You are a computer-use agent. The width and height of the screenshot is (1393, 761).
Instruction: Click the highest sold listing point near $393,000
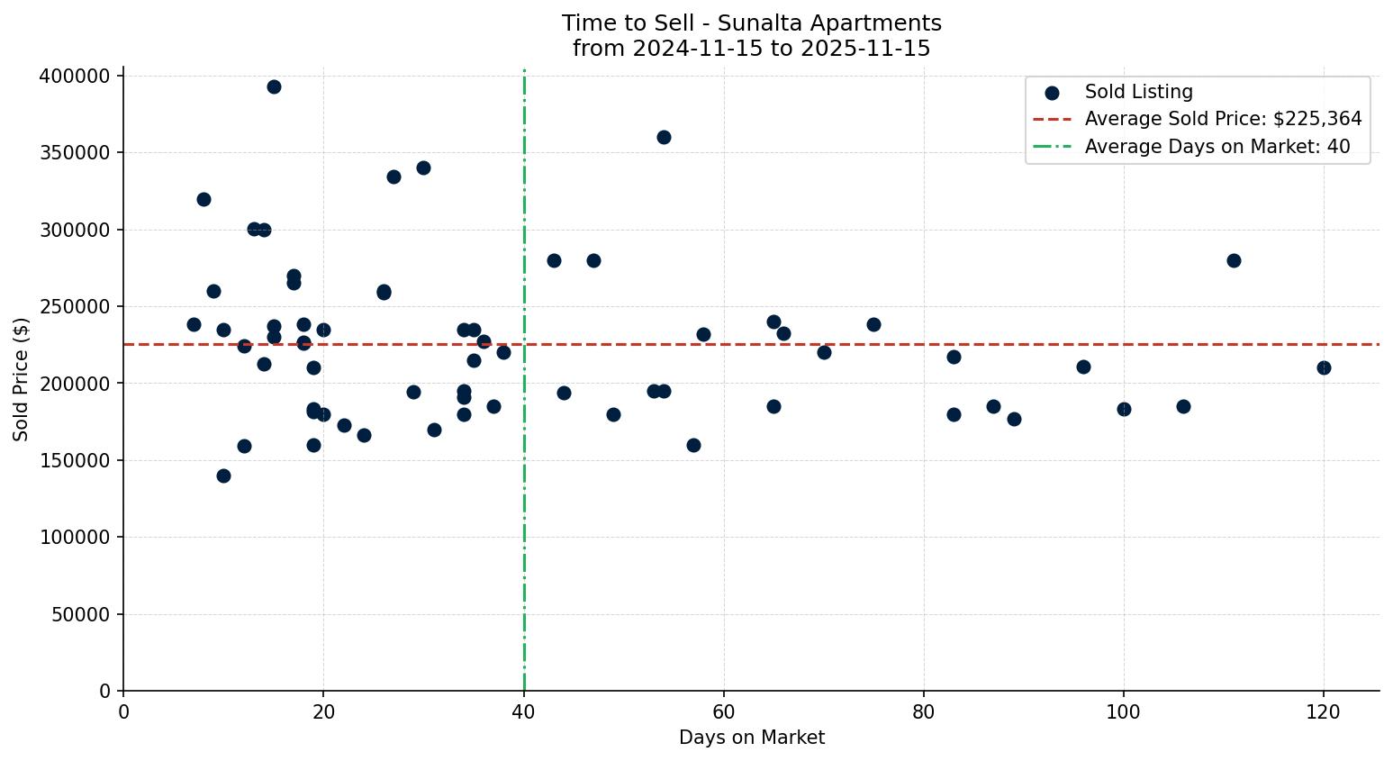click(274, 86)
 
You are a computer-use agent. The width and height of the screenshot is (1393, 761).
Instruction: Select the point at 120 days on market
click(1324, 367)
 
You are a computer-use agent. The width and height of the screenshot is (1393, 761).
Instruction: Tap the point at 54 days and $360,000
click(664, 137)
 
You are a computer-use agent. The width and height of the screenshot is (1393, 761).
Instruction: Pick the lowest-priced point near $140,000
click(223, 476)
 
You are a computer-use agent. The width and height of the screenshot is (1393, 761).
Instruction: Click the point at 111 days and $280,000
click(1234, 260)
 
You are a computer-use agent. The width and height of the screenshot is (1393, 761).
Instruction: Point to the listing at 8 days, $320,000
click(204, 199)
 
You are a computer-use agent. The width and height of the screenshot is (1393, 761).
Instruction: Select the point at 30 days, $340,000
click(423, 168)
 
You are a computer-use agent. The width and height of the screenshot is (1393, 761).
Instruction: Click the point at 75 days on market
click(873, 324)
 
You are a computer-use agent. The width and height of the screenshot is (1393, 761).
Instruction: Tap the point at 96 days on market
click(1083, 367)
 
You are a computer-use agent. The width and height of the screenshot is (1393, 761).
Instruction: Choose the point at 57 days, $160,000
click(693, 445)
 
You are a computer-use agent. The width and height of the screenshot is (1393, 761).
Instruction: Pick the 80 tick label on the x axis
click(923, 712)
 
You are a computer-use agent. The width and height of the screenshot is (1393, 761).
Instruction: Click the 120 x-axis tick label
click(1323, 712)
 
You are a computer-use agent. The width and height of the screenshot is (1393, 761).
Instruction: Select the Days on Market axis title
click(751, 738)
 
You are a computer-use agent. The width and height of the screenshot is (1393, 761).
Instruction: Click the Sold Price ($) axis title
click(21, 379)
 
